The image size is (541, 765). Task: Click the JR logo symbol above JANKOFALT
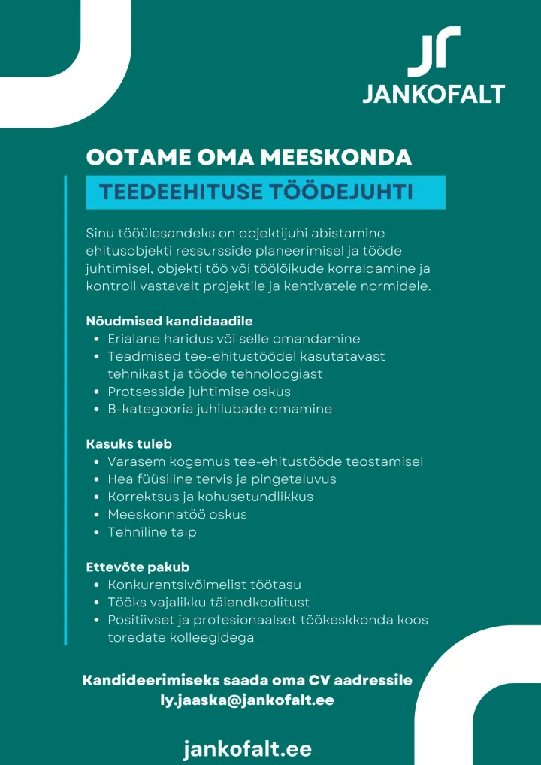[x=434, y=51]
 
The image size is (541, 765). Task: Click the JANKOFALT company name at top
[x=434, y=94]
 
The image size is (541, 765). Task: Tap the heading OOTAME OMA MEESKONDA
[x=249, y=157]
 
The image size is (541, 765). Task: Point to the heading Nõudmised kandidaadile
[x=169, y=321]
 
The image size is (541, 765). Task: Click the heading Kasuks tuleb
[x=129, y=443]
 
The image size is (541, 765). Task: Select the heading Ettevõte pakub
[x=138, y=567]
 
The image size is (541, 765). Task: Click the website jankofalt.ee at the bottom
[x=247, y=748]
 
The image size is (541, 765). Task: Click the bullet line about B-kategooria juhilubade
[x=219, y=410]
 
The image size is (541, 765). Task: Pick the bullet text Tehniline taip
[x=152, y=532]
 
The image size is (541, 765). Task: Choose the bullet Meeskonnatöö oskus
[x=177, y=515]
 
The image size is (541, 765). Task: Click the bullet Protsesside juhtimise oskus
[x=199, y=392]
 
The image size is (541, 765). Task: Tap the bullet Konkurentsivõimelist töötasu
[x=204, y=584]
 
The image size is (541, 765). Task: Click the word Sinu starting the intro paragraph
[x=100, y=234]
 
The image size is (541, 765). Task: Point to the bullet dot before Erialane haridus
[x=98, y=339]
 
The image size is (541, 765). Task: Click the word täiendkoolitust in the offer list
[x=262, y=602]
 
